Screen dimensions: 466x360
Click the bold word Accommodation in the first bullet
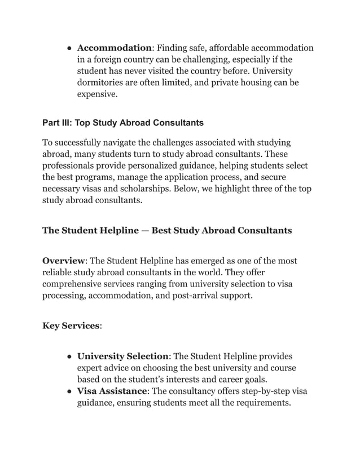pyautogui.click(x=114, y=47)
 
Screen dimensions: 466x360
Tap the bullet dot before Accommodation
pyautogui.click(x=68, y=48)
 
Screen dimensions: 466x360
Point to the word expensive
pyautogui.click(x=96, y=95)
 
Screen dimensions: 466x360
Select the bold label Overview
pyautogui.click(x=63, y=261)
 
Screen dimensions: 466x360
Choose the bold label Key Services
pyautogui.click(x=71, y=326)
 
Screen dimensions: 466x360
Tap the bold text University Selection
pyautogui.click(x=122, y=356)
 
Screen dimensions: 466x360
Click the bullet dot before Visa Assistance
pyautogui.click(x=68, y=392)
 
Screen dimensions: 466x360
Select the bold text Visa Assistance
pyautogui.click(x=112, y=392)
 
